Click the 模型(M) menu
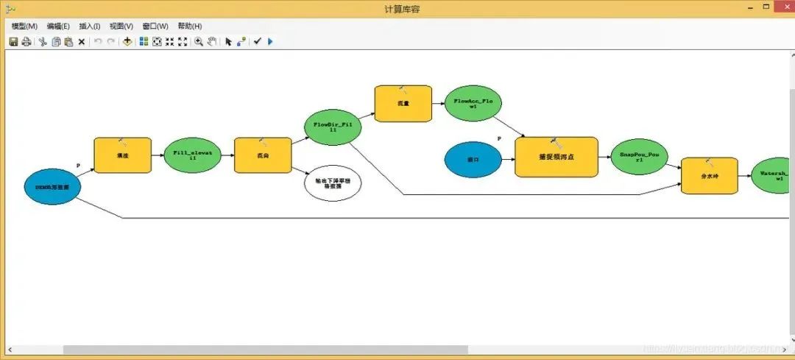pyautogui.click(x=24, y=26)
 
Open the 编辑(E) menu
pyautogui.click(x=58, y=26)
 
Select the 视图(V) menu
pyautogui.click(x=121, y=26)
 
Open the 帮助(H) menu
pyautogui.click(x=189, y=26)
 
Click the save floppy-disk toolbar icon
pyautogui.click(x=13, y=42)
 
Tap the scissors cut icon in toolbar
pyautogui.click(x=43, y=42)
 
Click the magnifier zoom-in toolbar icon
pyautogui.click(x=199, y=42)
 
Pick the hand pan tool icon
pyautogui.click(x=212, y=42)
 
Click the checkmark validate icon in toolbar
pyautogui.click(x=257, y=42)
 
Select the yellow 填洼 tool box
pyautogui.click(x=122, y=155)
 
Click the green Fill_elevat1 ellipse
pyautogui.click(x=191, y=155)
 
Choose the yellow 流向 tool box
pyautogui.click(x=263, y=155)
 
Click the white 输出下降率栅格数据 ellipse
pyautogui.click(x=333, y=183)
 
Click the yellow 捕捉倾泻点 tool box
pyautogui.click(x=556, y=157)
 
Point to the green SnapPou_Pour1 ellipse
pyautogui.click(x=639, y=157)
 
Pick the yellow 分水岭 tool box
pyautogui.click(x=709, y=176)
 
